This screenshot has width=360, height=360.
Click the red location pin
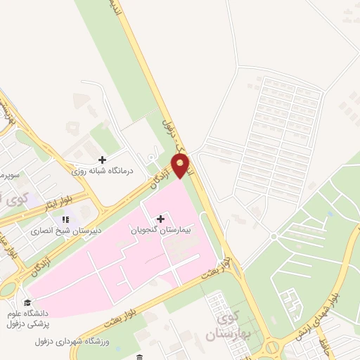point(181,166)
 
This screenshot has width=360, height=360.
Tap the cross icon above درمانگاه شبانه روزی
point(103,160)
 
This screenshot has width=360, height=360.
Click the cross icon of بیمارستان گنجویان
point(160,219)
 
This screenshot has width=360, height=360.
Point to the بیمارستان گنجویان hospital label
point(160,230)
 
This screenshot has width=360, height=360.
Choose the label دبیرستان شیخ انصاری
point(65,231)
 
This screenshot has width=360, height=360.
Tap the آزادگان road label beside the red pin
point(161,174)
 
